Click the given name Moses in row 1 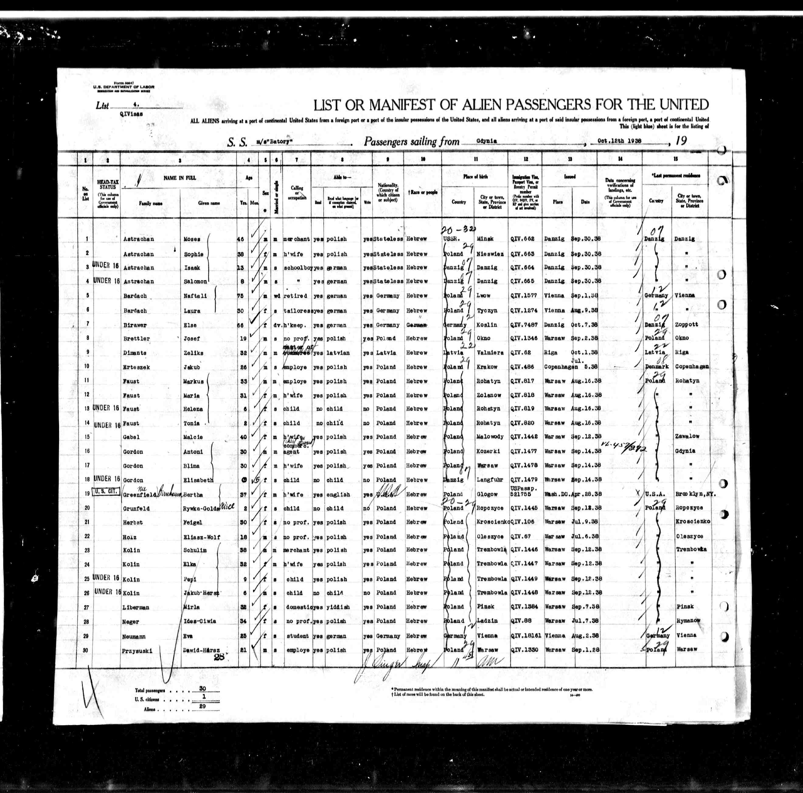click(x=192, y=239)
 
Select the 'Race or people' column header click(x=423, y=192)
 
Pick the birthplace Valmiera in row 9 click(x=490, y=353)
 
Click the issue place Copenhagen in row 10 click(x=557, y=367)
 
